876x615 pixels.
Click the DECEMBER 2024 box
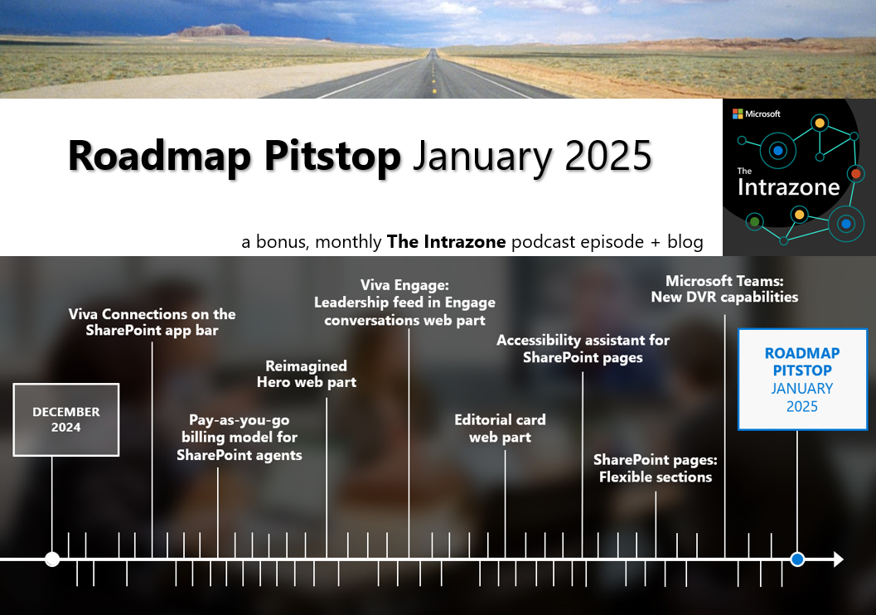coord(66,419)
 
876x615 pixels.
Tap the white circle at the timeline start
coord(52,559)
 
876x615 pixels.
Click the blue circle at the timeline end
coord(797,559)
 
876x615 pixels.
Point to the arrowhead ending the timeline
coord(838,559)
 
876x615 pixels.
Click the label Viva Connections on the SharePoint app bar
coord(152,322)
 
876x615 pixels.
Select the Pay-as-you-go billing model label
coord(239,438)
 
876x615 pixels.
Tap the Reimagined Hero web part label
coord(306,374)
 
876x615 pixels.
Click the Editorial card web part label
coord(500,429)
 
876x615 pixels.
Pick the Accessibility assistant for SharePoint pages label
coord(583,349)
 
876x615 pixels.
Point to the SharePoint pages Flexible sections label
coord(655,468)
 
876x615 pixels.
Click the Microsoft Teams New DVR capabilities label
coord(724,288)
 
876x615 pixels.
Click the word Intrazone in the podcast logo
coord(788,187)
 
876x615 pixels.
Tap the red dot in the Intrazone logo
coord(856,174)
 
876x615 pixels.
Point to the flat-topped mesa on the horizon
coord(214,31)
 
